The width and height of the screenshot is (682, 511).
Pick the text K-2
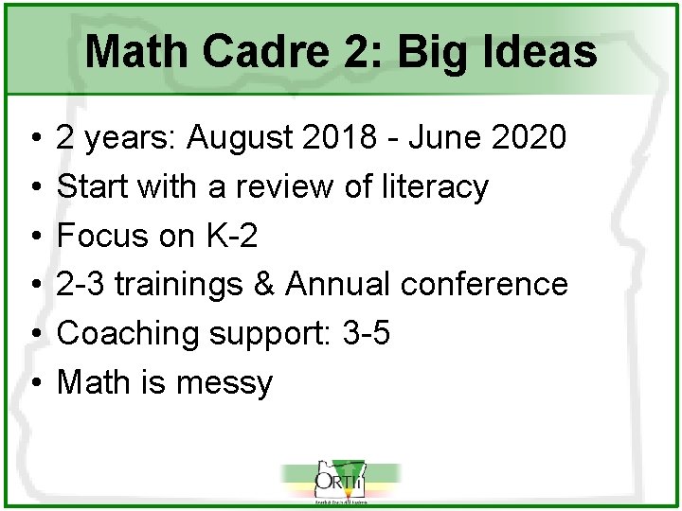229,236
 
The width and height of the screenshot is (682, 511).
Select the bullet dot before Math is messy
34,383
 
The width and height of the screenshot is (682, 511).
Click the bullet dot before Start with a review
34,187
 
